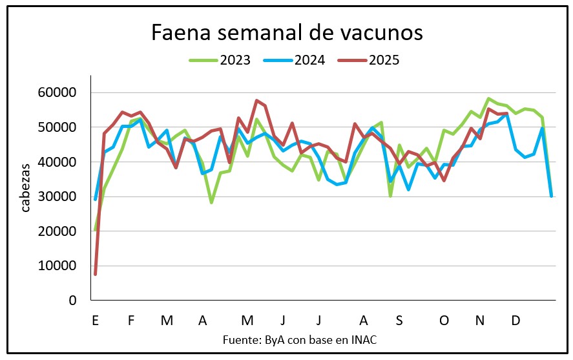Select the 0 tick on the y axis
point(73,301)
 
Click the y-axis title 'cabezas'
point(26,188)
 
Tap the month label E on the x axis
point(95,321)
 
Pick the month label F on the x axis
point(131,321)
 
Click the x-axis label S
point(399,321)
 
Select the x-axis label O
point(444,321)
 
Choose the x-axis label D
point(516,321)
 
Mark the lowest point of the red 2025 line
point(95,274)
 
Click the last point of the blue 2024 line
point(551,196)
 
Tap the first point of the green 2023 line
point(95,229)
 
